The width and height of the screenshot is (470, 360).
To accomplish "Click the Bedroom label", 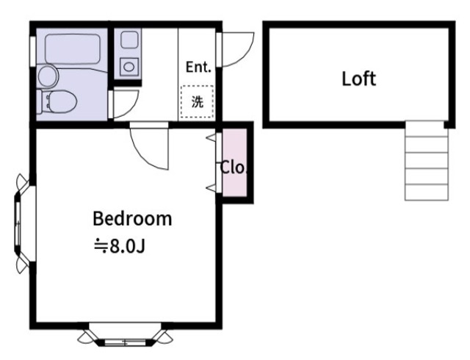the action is [132, 218].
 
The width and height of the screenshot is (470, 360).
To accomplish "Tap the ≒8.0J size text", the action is [119, 246].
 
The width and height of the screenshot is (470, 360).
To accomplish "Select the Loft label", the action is [359, 79].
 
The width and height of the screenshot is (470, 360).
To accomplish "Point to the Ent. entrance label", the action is [198, 67].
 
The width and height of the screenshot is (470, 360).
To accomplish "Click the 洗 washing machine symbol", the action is [198, 101].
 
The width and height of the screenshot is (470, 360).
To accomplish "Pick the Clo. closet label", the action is [234, 168].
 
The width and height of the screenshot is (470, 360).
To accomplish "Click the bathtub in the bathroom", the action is [72, 49].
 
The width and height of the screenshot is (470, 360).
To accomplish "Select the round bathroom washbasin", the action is [48, 76].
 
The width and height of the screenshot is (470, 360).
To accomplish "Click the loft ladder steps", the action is [427, 160].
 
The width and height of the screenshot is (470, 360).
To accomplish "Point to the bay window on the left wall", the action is [23, 223].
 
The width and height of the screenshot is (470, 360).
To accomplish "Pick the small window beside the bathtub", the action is [32, 51].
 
